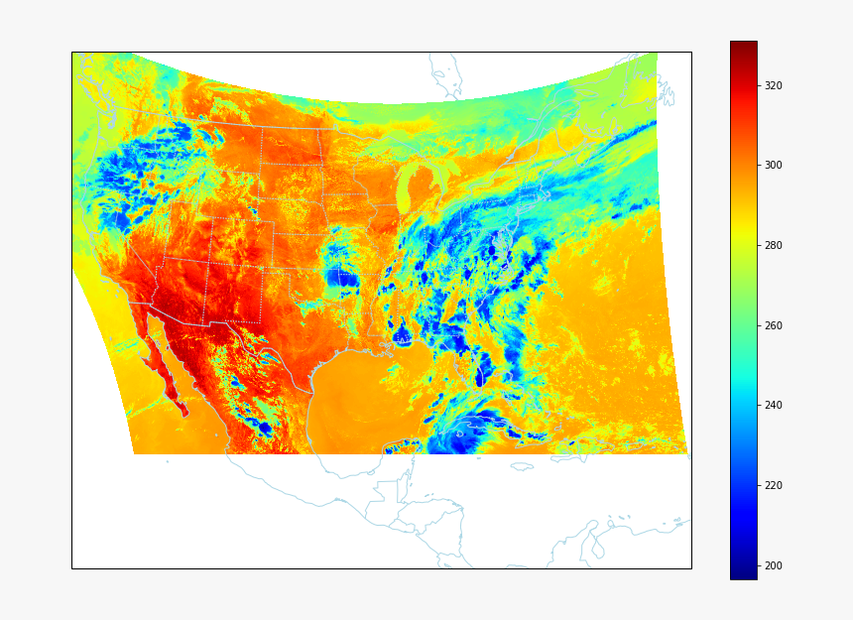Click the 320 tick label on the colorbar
click(x=774, y=85)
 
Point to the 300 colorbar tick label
click(x=774, y=166)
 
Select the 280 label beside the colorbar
click(x=774, y=245)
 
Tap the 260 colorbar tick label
click(x=774, y=325)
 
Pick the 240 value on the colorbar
click(x=774, y=406)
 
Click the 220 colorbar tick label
click(x=774, y=485)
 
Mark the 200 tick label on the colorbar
click(x=774, y=565)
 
